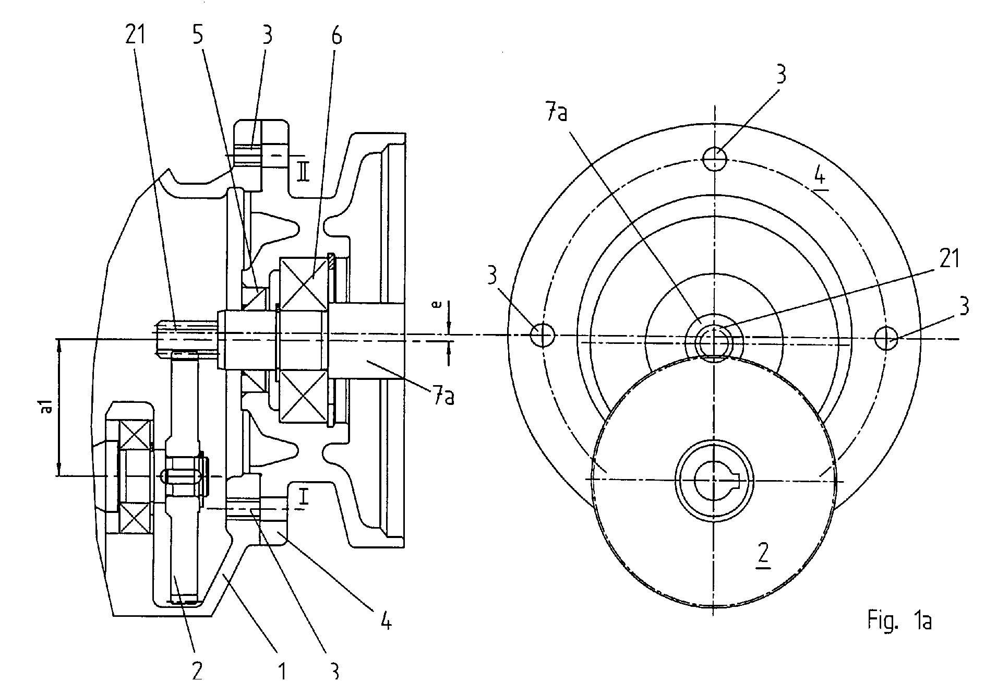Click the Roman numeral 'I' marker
[304, 497]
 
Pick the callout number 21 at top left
[135, 35]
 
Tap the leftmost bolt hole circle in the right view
[542, 334]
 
